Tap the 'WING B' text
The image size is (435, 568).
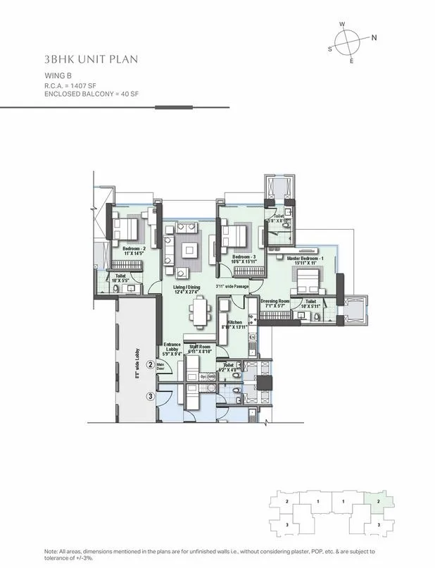[x=58, y=75]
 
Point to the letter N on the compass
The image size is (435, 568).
[x=374, y=37]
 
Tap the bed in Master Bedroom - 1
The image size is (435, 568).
[x=306, y=280]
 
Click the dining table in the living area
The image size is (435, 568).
[x=200, y=310]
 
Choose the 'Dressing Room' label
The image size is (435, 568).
[x=275, y=302]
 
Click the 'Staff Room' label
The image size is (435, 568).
[x=200, y=347]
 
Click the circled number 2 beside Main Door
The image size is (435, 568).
[x=160, y=364]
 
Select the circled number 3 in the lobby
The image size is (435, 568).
[x=150, y=396]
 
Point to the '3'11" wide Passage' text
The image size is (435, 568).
[x=232, y=286]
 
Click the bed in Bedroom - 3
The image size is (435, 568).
[x=235, y=235]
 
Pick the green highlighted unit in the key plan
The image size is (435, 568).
[x=379, y=500]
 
